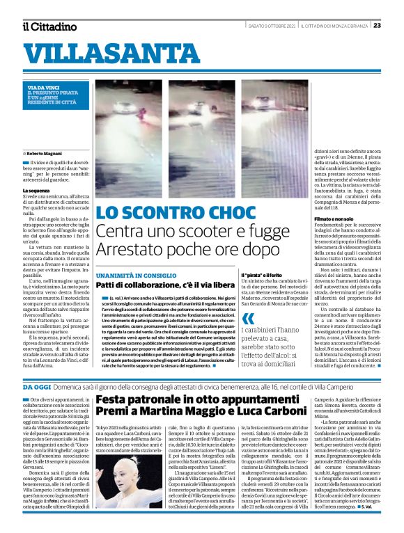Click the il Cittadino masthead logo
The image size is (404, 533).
click(49, 26)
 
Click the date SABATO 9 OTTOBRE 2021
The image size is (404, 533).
click(271, 26)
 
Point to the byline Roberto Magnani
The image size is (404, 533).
click(45, 152)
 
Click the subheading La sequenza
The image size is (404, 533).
click(37, 190)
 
